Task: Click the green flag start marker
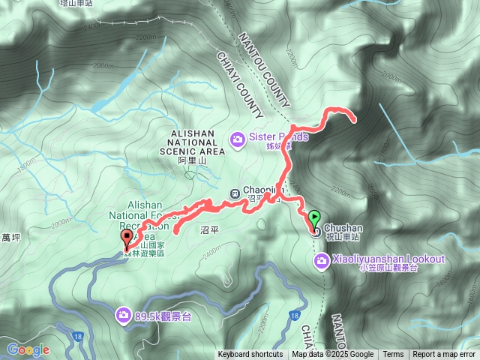click(x=314, y=218)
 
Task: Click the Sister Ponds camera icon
click(x=238, y=138)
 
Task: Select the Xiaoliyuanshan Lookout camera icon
click(x=321, y=259)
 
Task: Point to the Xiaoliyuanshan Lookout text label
click(x=387, y=259)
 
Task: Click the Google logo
click(x=28, y=350)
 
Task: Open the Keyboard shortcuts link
click(x=250, y=355)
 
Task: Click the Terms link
click(x=393, y=355)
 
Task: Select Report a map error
click(x=444, y=355)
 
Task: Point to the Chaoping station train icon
click(x=234, y=192)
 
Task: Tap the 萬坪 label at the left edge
click(x=10, y=238)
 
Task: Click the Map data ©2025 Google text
click(x=333, y=355)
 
